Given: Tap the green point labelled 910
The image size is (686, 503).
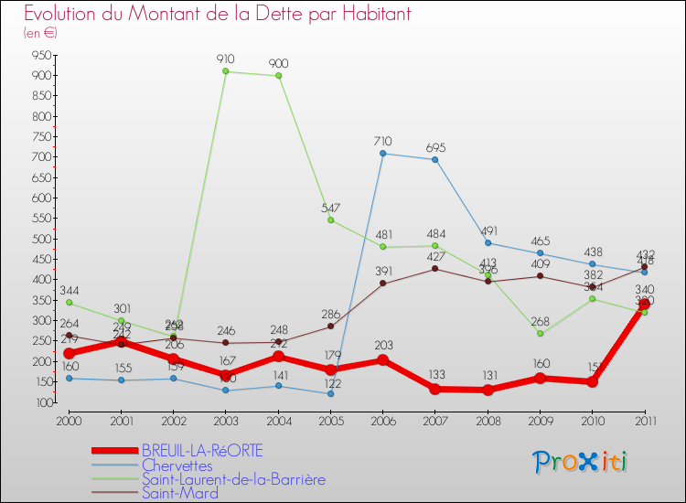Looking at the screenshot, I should coord(226,71).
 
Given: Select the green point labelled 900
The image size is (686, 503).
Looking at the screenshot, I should coord(278,76).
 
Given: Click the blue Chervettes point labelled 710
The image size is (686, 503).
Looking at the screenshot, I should coord(382,153).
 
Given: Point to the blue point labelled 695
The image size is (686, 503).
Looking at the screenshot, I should coord(434,159).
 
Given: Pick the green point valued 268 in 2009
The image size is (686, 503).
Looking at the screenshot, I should coord(540,333).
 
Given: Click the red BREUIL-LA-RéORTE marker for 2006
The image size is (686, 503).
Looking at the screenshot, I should coord(382,359).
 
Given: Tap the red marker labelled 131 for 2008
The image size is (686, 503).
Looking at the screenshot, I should coord(488,390).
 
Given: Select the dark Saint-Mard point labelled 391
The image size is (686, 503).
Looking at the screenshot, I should coord(382,284).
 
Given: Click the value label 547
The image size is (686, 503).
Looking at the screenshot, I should coord(331,209).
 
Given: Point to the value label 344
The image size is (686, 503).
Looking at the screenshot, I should coord(70,291).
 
